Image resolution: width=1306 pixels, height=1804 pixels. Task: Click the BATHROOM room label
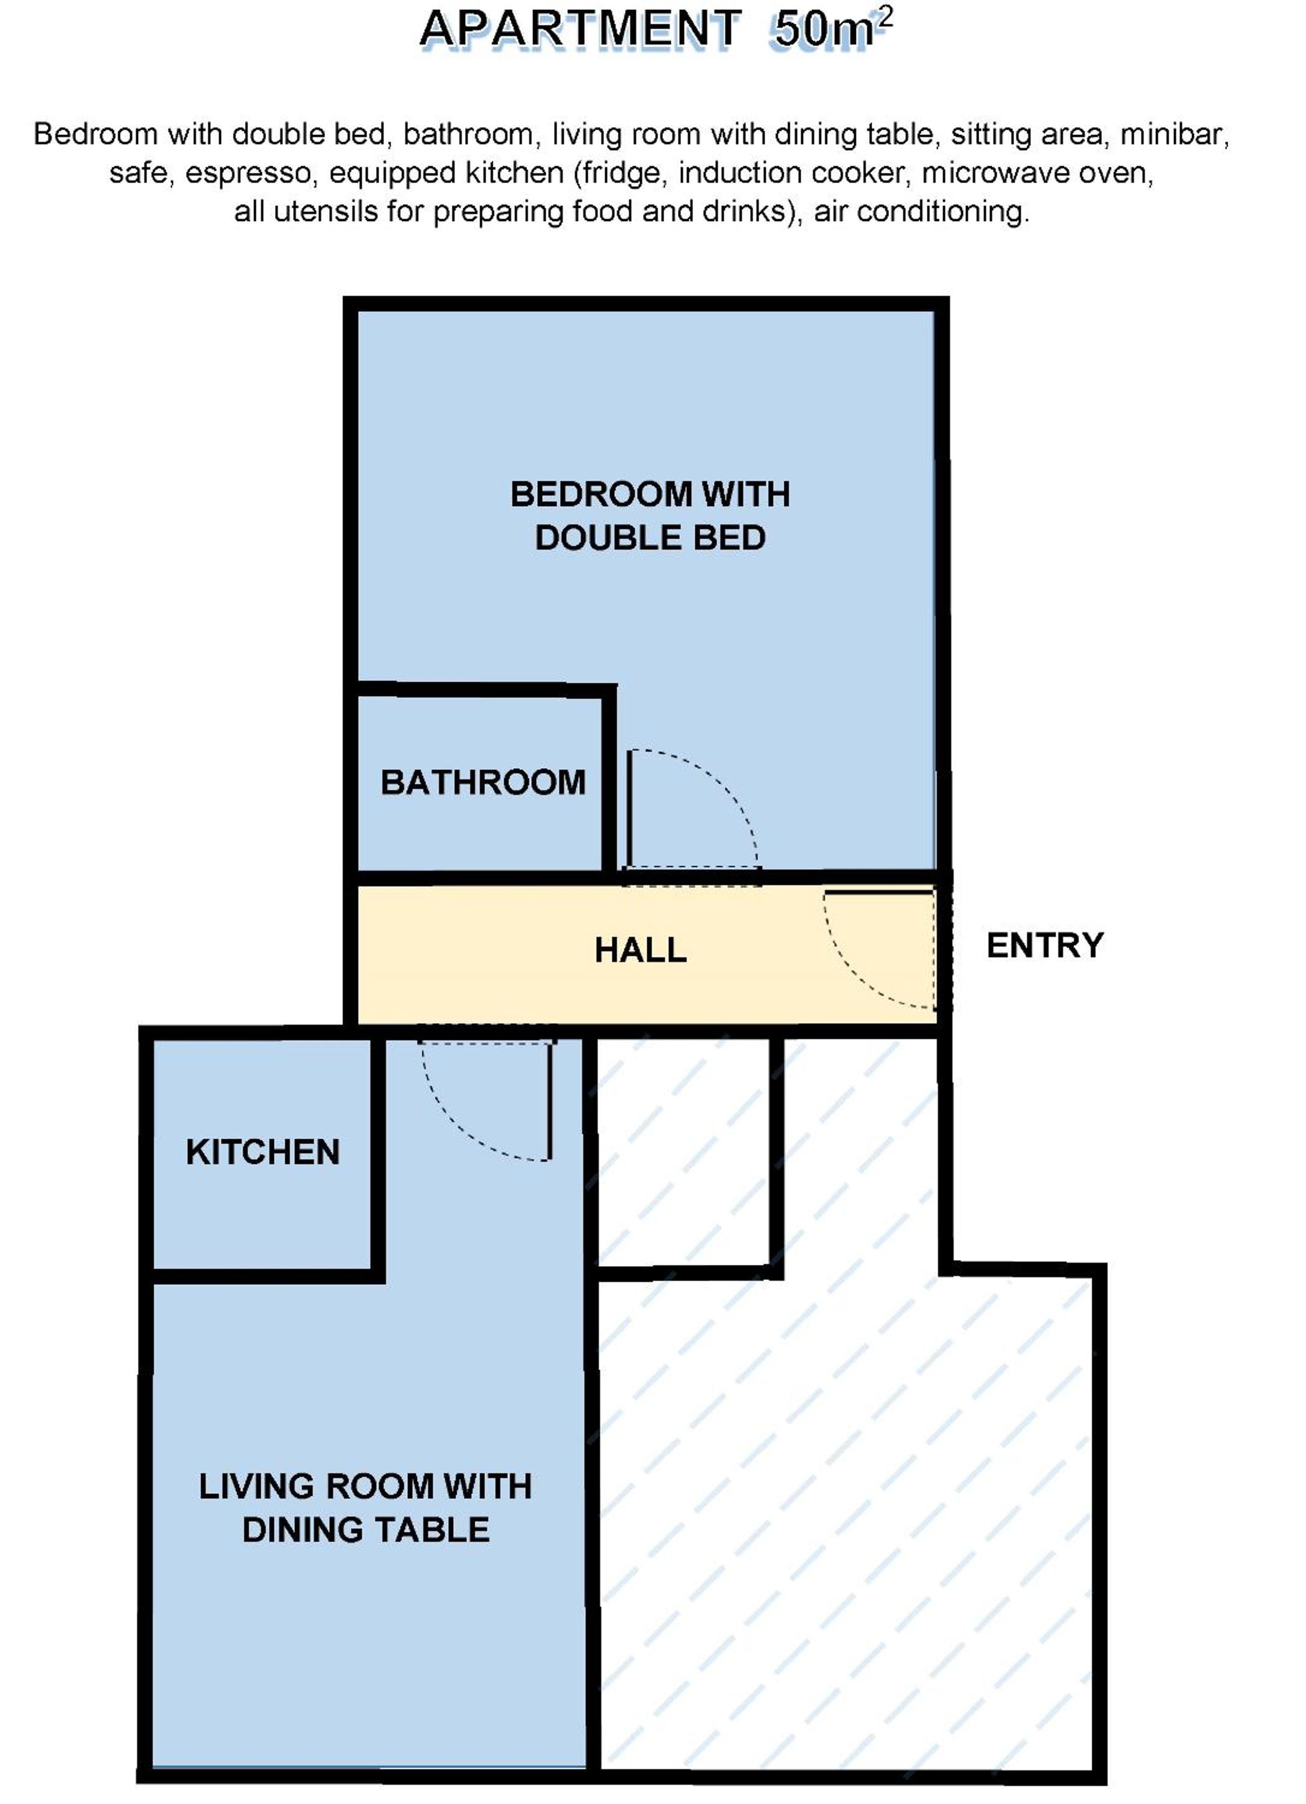click(483, 782)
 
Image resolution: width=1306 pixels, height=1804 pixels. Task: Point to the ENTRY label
click(1045, 946)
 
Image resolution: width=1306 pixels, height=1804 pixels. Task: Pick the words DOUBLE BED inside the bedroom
click(651, 538)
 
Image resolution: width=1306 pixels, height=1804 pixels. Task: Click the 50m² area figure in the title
click(834, 29)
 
